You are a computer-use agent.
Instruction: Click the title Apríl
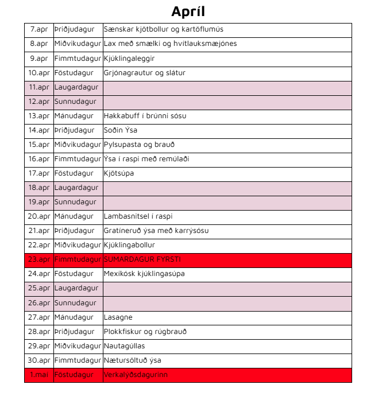(x=188, y=11)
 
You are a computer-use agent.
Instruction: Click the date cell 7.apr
(x=39, y=29)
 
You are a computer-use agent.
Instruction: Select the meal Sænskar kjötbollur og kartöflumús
(x=164, y=29)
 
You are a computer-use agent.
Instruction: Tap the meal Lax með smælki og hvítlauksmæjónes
(x=170, y=44)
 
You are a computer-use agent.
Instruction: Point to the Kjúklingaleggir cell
(x=129, y=58)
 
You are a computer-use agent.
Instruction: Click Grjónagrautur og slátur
(x=144, y=73)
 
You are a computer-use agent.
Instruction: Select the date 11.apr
(x=39, y=87)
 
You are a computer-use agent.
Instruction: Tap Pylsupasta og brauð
(x=139, y=145)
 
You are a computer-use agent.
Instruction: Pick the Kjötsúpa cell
(x=119, y=173)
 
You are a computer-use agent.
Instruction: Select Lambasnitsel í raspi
(x=138, y=216)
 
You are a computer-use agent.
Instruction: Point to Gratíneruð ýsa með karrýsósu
(x=156, y=231)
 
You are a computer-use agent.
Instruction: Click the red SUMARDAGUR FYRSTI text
(x=142, y=259)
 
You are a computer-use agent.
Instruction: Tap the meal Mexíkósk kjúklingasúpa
(x=144, y=274)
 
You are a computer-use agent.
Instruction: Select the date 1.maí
(x=39, y=375)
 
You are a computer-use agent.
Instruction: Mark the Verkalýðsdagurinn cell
(x=136, y=375)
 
